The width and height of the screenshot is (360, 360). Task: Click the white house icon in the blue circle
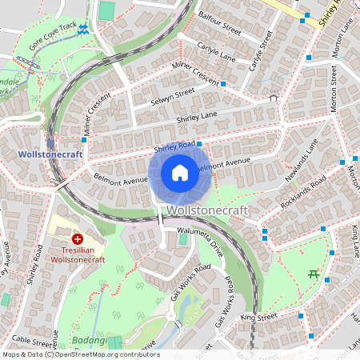180,173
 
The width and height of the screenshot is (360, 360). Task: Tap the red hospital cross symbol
78,238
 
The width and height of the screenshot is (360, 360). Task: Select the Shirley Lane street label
197,118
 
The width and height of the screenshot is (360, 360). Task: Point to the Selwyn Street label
173,98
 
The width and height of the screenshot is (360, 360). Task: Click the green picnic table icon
314,274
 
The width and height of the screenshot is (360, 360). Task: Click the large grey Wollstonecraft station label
207,210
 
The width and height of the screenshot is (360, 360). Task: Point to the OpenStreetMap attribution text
80,354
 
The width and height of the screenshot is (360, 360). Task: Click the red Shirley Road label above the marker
175,146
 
